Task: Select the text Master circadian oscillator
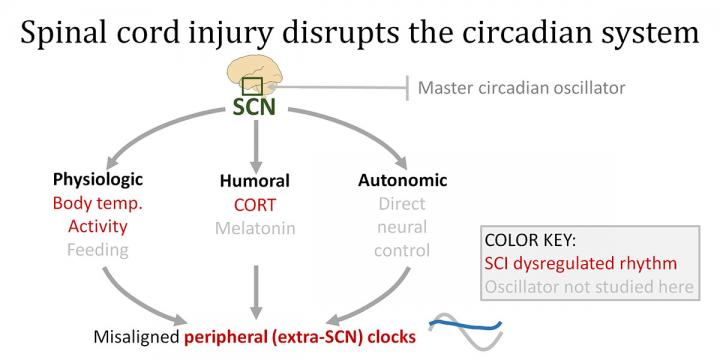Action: tap(521, 88)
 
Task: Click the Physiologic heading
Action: tap(98, 180)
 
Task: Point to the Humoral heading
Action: tap(254, 182)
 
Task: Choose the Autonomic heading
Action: tap(401, 181)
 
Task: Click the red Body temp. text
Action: tap(98, 204)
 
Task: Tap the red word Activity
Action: tap(98, 227)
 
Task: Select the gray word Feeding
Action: tap(98, 250)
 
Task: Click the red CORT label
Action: tap(254, 205)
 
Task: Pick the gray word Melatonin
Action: tap(254, 228)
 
